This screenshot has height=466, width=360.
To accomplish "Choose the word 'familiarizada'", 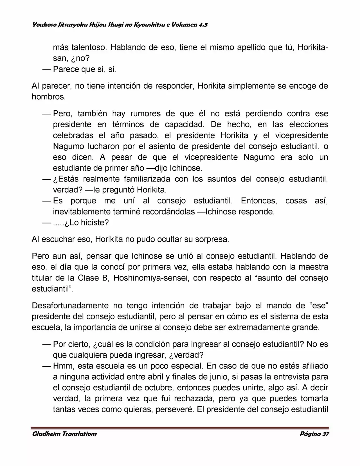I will coord(147,179).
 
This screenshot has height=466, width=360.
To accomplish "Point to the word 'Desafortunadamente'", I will coord(69,306).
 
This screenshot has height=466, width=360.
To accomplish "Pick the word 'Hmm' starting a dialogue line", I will coord(62,366).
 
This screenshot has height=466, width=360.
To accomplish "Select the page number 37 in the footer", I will coord(325,434).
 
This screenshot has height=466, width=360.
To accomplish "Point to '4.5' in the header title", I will coord(202,25).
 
